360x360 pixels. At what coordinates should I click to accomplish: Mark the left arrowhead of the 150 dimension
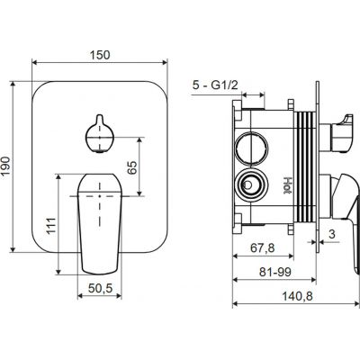tap(36, 64)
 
